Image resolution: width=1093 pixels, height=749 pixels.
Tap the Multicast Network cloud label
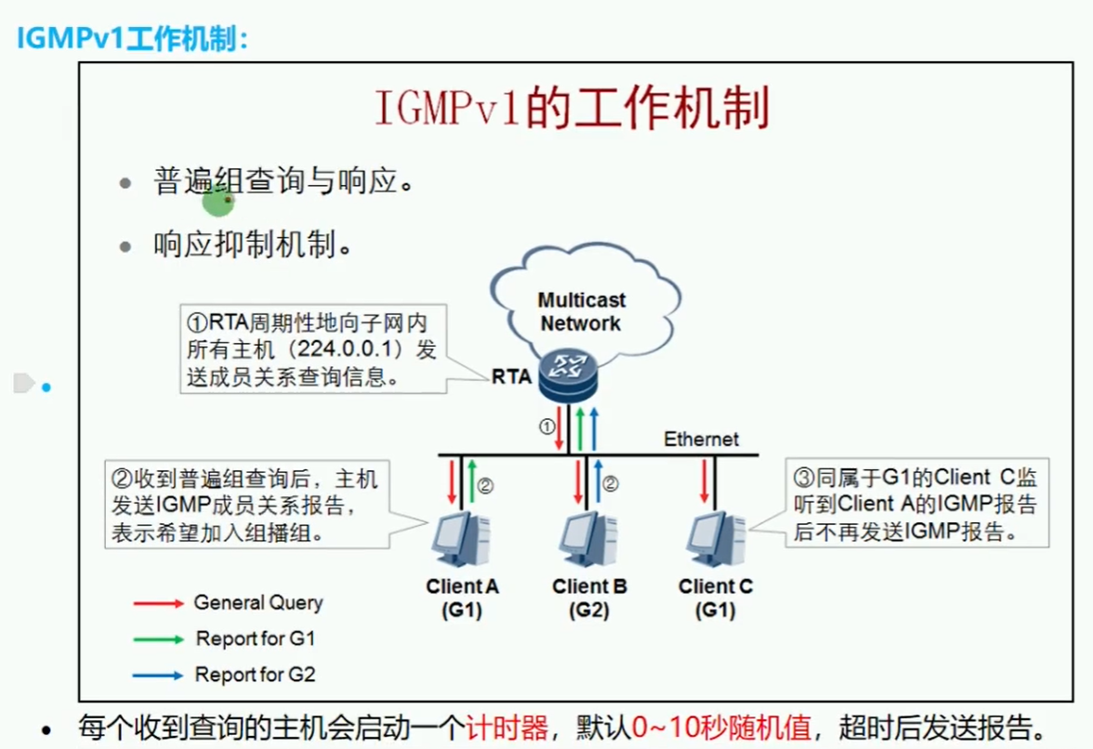click(x=581, y=312)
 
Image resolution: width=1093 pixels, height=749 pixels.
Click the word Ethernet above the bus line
click(x=701, y=439)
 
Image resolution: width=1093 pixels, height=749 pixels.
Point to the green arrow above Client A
click(x=471, y=482)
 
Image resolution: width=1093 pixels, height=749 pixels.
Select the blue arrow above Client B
click(x=599, y=482)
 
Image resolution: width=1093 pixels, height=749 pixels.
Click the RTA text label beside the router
click(x=512, y=377)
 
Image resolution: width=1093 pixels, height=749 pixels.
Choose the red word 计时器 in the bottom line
click(x=507, y=726)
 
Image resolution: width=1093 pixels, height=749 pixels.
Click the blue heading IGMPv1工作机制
click(x=131, y=39)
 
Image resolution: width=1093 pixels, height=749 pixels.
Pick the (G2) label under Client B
click(x=589, y=611)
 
